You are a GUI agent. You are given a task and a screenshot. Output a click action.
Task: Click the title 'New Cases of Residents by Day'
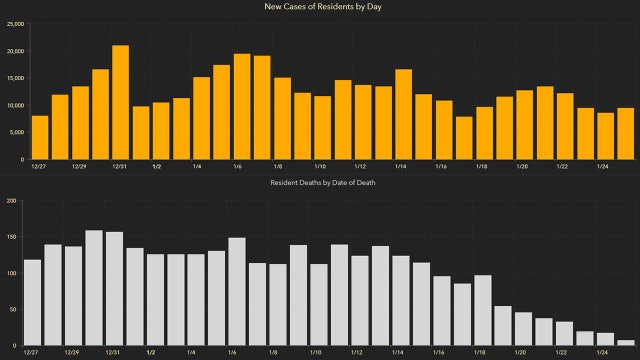[320, 8]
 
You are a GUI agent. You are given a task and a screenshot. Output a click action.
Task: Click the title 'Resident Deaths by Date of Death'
[320, 182]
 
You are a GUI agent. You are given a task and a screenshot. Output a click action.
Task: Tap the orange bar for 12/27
[40, 138]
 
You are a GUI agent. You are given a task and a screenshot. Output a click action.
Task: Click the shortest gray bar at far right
[625, 343]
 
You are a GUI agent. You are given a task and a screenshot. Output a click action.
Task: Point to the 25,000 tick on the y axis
[14, 23]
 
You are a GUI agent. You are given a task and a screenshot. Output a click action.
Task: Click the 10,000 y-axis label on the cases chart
[14, 105]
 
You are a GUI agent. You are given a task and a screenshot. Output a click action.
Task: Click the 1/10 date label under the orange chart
[320, 166]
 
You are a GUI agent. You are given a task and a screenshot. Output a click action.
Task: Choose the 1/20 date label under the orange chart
[522, 166]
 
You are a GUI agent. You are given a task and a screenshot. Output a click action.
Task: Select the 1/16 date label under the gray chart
[440, 353]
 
